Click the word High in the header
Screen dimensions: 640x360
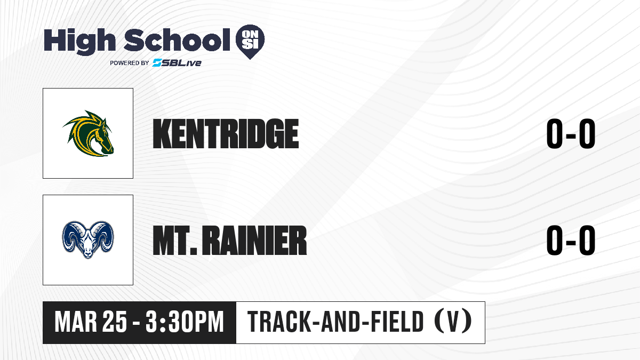coord(79,41)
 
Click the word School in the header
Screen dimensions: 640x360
coord(177,39)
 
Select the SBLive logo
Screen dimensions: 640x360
coord(177,62)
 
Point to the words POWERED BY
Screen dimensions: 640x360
coord(130,63)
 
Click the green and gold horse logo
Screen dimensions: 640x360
coord(89,133)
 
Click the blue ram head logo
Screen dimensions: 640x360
coord(88,239)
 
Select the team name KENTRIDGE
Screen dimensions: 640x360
coord(226,134)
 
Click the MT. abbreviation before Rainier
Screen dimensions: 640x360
coord(175,241)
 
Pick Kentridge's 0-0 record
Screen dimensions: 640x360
coord(571,133)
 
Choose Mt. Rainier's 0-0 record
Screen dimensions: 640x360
coord(571,240)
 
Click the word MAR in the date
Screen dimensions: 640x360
coord(76,322)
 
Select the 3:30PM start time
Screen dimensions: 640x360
coord(185,322)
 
